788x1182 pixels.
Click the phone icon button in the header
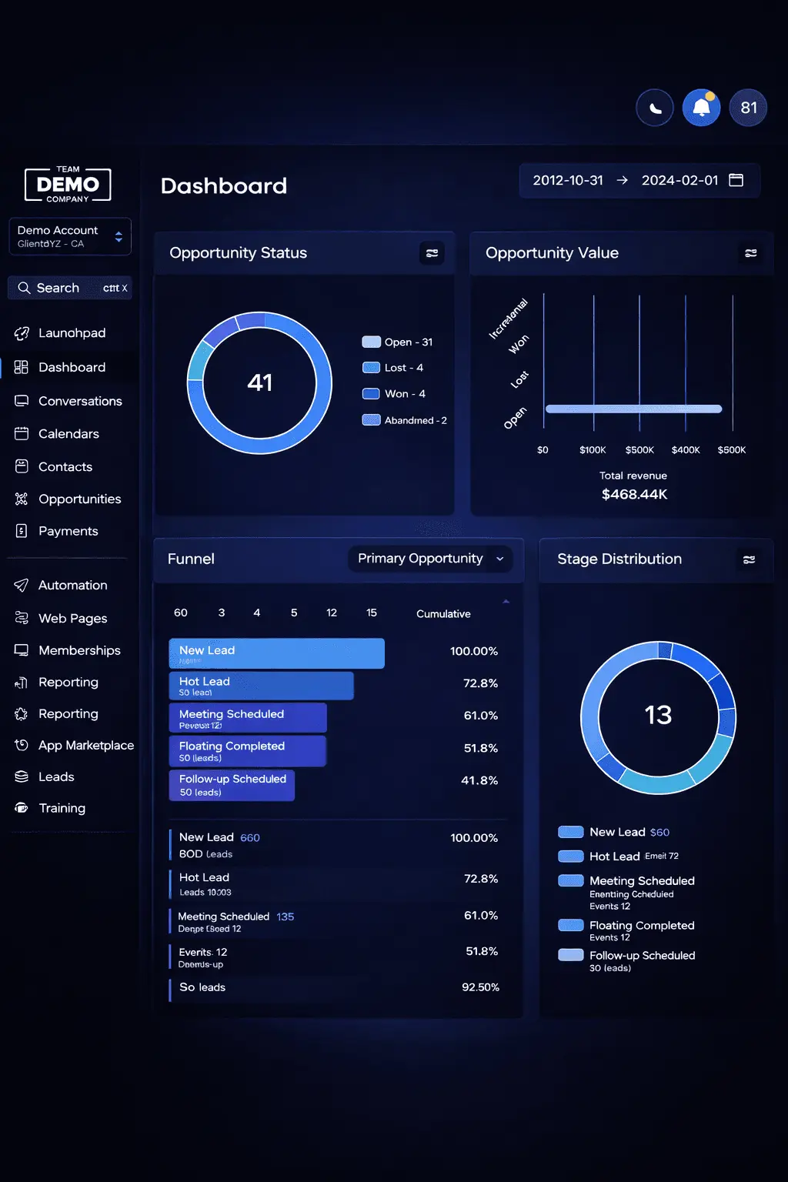[x=655, y=108]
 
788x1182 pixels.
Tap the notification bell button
[x=701, y=108]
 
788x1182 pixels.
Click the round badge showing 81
[x=748, y=108]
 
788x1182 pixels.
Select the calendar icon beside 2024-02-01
[x=736, y=180]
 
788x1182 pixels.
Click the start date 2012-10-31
[x=568, y=180]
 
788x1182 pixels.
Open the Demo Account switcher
[x=70, y=236]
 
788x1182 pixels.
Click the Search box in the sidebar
[x=70, y=288]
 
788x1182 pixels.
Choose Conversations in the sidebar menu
[x=80, y=401]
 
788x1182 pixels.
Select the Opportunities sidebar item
[x=79, y=499]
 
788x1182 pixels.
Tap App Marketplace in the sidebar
[x=85, y=745]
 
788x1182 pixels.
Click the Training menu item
[x=62, y=808]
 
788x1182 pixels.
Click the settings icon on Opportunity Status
[x=432, y=252]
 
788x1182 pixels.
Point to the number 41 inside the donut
[x=260, y=382]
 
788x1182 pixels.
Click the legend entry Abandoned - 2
[x=416, y=420]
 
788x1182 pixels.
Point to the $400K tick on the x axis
[x=686, y=450]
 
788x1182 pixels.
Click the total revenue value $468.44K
[x=634, y=494]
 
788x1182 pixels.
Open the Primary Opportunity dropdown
[x=430, y=559]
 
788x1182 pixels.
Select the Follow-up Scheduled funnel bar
[x=232, y=785]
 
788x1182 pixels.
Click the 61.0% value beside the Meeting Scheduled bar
[x=480, y=716]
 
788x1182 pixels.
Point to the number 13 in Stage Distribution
[x=658, y=715]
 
